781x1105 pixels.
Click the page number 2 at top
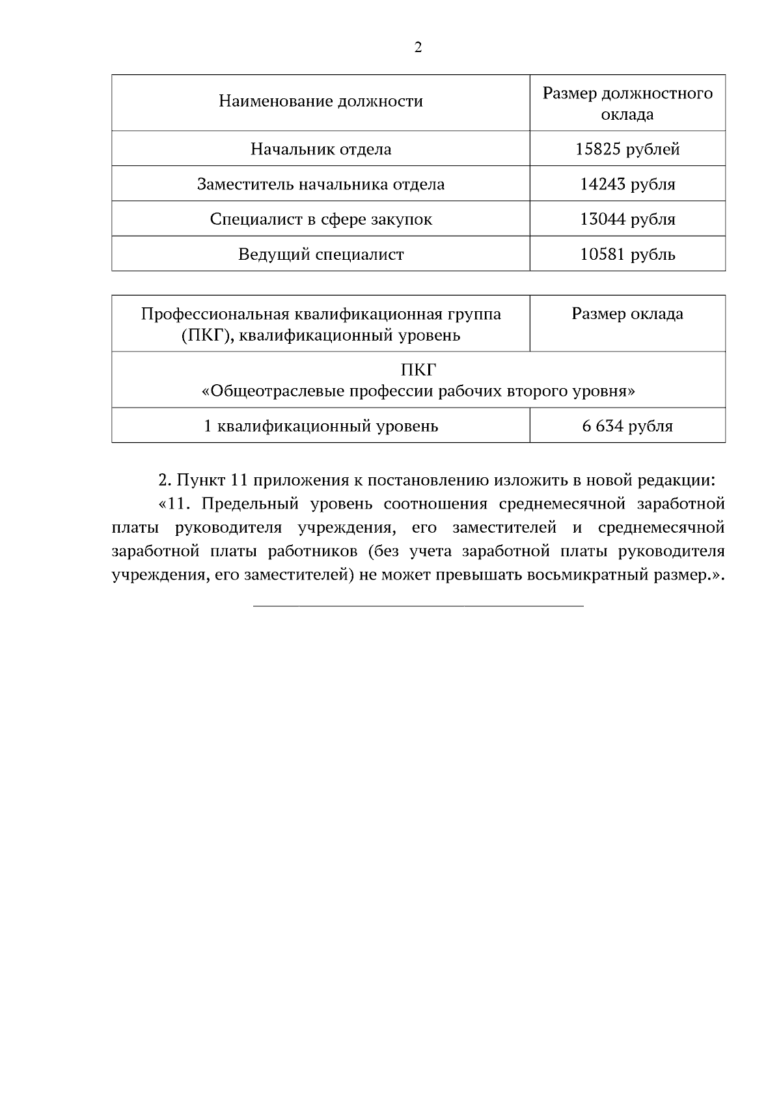point(418,48)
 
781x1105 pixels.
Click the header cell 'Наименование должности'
point(321,102)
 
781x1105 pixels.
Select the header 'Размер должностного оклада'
point(627,104)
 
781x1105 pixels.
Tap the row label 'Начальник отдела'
point(321,150)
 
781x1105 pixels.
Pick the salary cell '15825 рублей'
point(627,150)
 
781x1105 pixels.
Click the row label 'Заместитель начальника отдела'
point(321,184)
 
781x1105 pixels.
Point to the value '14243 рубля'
point(627,184)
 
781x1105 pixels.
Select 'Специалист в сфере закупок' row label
point(321,219)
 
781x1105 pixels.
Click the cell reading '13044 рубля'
point(627,219)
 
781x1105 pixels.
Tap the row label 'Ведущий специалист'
point(321,254)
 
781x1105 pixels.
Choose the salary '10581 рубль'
point(627,254)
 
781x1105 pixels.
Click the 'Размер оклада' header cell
point(627,315)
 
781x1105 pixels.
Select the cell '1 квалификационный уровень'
point(321,427)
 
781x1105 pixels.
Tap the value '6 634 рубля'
point(627,427)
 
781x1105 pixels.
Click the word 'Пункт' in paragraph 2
point(200,481)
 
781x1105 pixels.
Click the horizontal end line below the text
point(418,607)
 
